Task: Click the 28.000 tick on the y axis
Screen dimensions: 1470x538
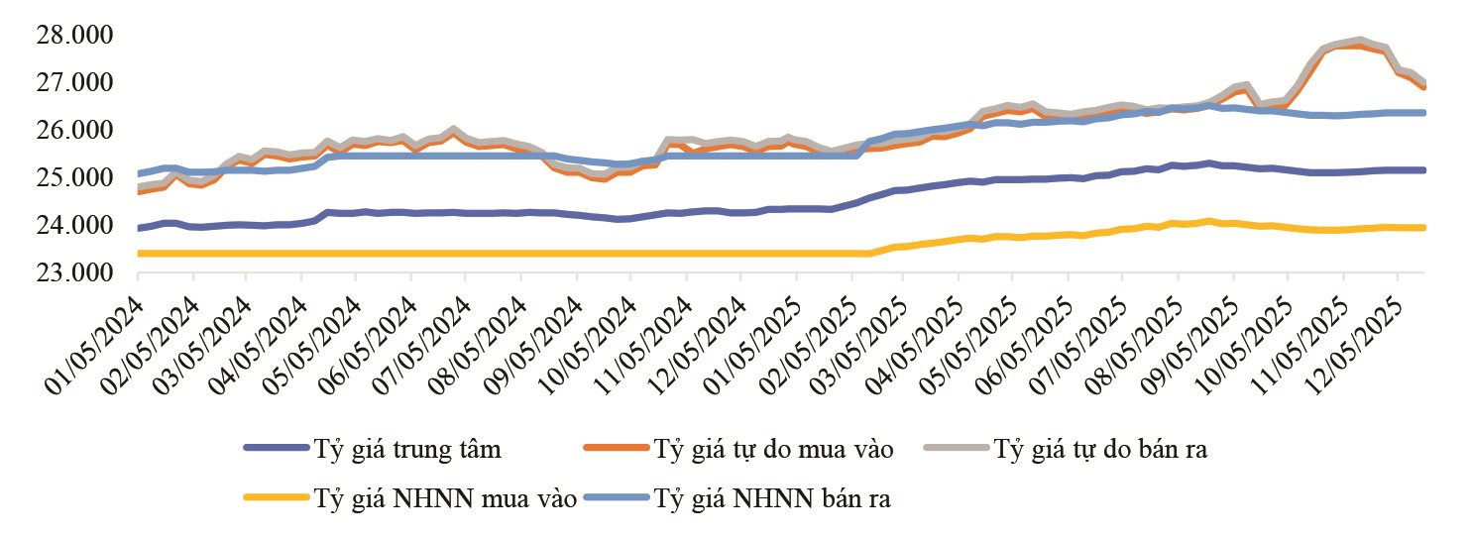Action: tap(74, 34)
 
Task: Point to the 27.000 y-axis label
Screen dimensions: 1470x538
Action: tap(74, 82)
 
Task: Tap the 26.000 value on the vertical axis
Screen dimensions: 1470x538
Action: tap(74, 130)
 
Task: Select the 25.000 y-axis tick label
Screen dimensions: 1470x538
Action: tap(74, 177)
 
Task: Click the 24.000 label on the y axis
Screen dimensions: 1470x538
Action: tap(74, 225)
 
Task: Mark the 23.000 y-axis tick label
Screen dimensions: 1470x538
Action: tap(74, 272)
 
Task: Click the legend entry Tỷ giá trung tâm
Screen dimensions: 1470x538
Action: tap(407, 450)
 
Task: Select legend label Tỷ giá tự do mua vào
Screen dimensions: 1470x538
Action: tap(774, 450)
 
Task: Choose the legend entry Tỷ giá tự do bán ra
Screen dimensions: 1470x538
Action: tap(1100, 450)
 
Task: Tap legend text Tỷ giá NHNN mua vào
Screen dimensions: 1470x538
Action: tap(445, 498)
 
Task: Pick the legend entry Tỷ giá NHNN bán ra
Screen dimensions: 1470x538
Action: tap(772, 498)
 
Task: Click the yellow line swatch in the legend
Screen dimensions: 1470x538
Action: tap(277, 497)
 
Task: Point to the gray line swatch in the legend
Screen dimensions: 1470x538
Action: tap(957, 448)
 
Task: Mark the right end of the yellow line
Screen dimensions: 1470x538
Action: tap(1424, 228)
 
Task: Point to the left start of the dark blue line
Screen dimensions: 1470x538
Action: tap(139, 228)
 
